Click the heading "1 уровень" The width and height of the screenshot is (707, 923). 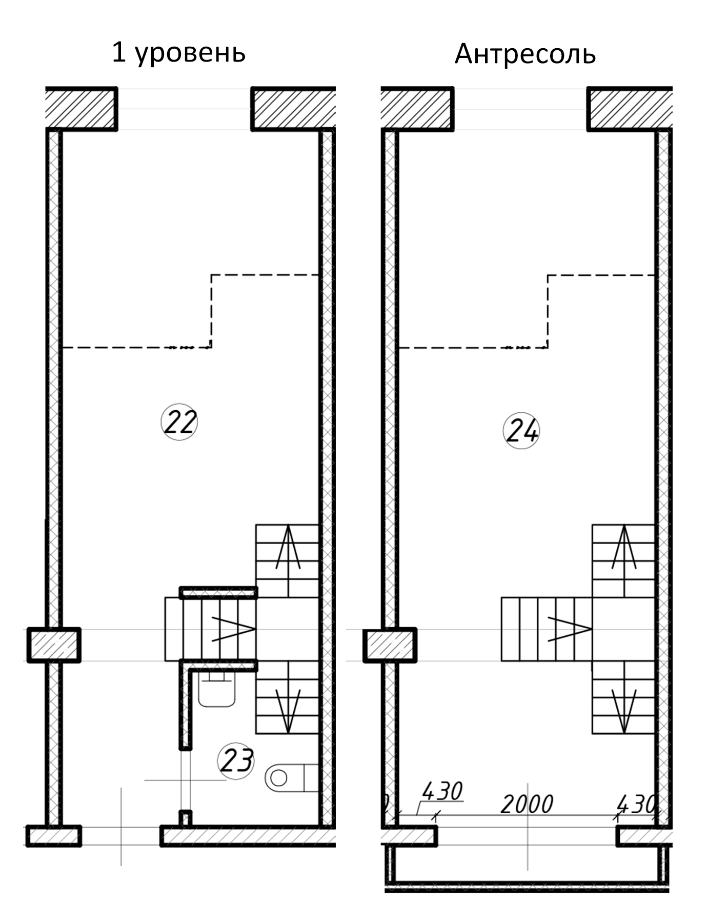coord(178,53)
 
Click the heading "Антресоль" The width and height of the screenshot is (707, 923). coord(525,54)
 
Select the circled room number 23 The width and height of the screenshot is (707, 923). coord(236,760)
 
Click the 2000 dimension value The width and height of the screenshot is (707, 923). coord(527,805)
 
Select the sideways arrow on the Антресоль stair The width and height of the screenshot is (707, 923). coord(570,629)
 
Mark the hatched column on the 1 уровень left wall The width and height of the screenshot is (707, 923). coord(54,645)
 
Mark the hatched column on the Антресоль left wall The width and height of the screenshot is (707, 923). coord(390,645)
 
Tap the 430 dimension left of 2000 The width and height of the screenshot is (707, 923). coord(442,791)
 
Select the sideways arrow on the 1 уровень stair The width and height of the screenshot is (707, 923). coord(233,629)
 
